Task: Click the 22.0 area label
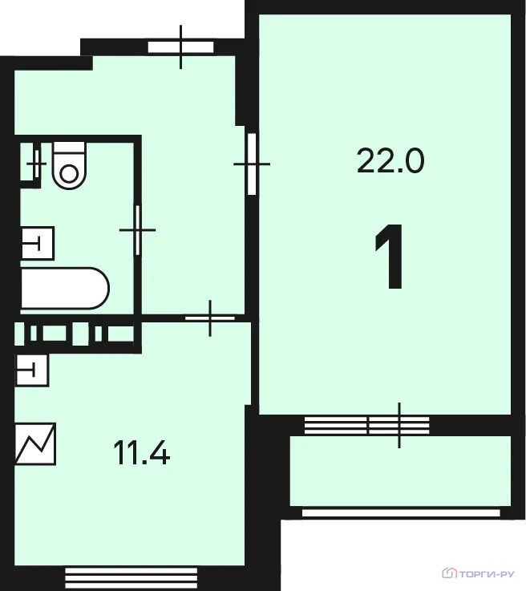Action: tap(390, 161)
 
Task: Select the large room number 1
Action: tap(390, 257)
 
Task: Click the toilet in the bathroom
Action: tap(69, 165)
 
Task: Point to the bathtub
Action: tap(65, 289)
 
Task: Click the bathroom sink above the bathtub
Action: tap(38, 243)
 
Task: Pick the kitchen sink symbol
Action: tap(32, 370)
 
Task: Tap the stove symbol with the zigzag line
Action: tap(35, 443)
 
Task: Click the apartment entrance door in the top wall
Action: tap(181, 47)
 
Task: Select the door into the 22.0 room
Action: tap(252, 164)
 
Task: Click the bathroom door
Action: tap(138, 230)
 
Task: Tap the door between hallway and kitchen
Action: tap(210, 318)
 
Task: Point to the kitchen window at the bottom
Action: tap(131, 576)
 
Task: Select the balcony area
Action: tap(400, 471)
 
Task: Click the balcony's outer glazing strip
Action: tap(401, 513)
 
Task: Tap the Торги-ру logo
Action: tap(478, 573)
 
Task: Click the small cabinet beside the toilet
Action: tap(30, 164)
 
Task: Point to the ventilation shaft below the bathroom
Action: tap(75, 334)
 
